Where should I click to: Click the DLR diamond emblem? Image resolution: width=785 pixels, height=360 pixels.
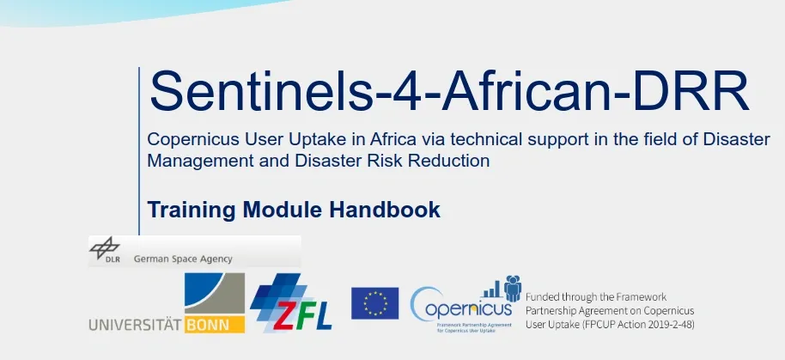pyautogui.click(x=105, y=249)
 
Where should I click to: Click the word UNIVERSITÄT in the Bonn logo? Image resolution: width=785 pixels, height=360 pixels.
pyautogui.click(x=135, y=325)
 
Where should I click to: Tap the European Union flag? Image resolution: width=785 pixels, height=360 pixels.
pyautogui.click(x=374, y=303)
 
